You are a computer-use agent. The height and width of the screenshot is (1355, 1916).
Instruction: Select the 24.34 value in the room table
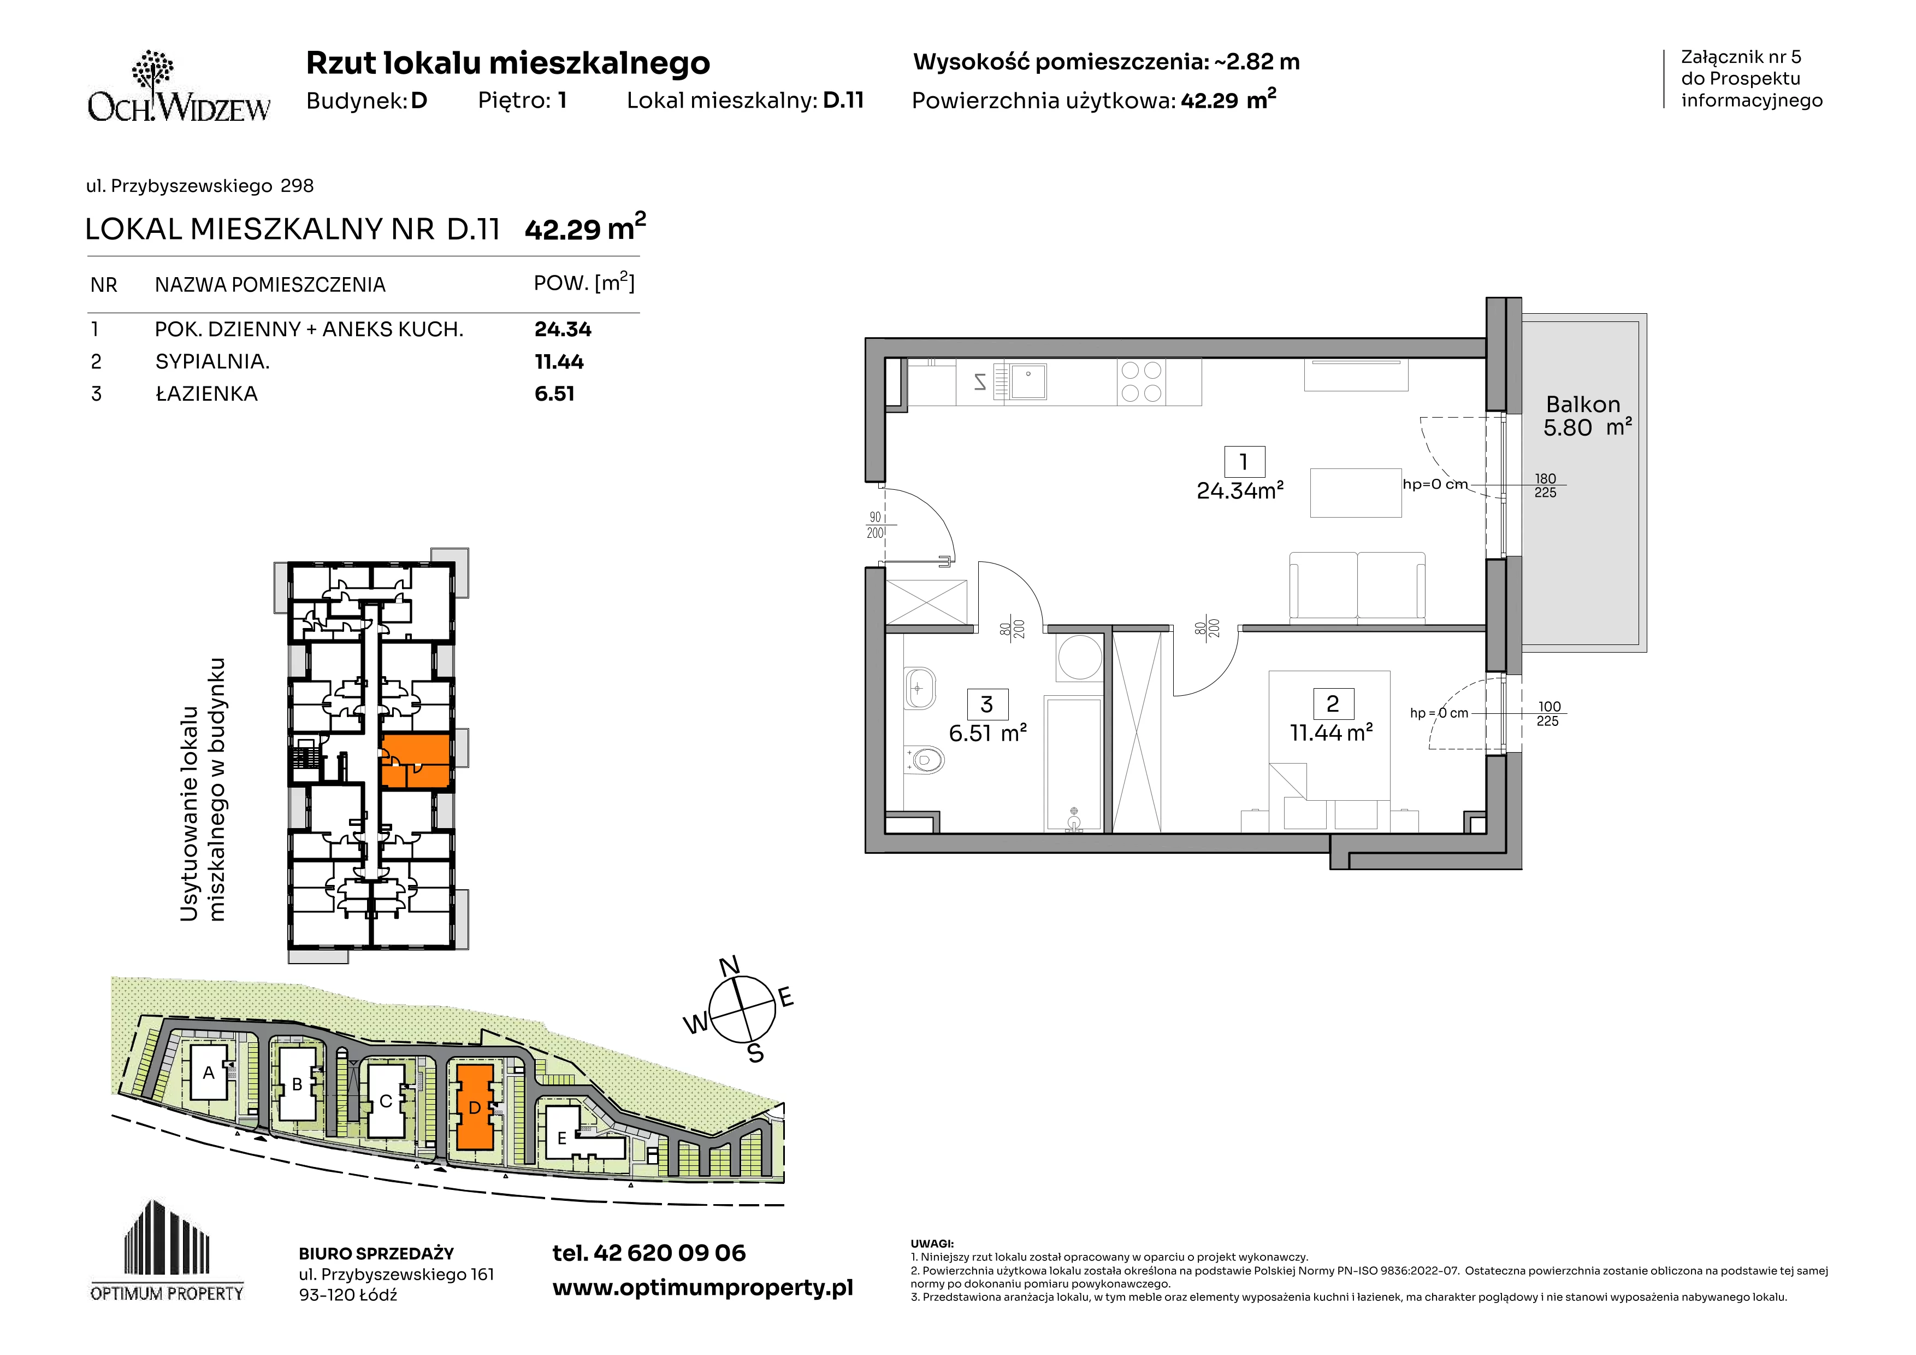pos(563,330)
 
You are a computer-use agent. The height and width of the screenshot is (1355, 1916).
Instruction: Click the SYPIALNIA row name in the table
pos(212,361)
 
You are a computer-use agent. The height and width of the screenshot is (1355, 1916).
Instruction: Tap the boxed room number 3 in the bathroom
pos(987,705)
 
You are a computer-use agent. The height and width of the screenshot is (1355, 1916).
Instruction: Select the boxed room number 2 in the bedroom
pos(1333,704)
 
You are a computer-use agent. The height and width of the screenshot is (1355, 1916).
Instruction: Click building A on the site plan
pos(209,1073)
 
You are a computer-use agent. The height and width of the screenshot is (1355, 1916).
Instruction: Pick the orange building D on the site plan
pos(474,1107)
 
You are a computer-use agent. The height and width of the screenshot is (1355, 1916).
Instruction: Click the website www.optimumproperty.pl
pos(702,1288)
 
